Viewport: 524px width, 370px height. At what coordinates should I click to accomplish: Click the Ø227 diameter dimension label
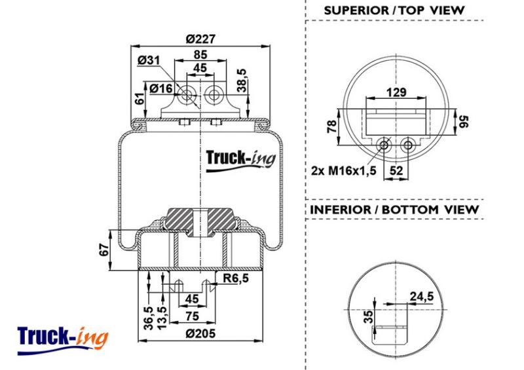pos(200,39)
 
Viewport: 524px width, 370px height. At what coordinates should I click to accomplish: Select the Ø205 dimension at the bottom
pos(200,333)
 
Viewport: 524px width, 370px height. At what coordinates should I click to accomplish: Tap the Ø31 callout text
pos(149,60)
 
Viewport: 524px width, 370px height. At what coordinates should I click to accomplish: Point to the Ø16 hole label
pos(161,88)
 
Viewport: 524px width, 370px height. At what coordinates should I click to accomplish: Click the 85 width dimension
pos(200,54)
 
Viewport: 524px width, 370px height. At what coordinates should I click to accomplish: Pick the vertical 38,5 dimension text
pos(241,80)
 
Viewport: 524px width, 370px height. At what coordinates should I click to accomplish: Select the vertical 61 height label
pos(140,99)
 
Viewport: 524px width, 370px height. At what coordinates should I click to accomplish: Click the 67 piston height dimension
pos(104,250)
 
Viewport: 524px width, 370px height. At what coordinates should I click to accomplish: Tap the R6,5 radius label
pos(236,278)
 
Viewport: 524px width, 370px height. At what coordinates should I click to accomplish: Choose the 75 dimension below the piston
pos(192,316)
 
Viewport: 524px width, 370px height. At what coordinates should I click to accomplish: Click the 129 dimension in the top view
pos(396,92)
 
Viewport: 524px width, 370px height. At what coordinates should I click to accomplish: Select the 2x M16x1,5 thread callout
pos(344,171)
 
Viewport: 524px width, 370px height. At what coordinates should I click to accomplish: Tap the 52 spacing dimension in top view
pos(396,171)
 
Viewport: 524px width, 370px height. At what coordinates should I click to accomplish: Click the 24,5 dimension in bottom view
pos(422,296)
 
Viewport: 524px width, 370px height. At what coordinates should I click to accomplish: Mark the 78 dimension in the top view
pos(332,126)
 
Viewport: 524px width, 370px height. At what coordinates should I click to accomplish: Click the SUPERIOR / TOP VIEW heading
pos(394,10)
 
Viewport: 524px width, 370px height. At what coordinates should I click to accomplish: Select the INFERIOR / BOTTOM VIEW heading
pos(394,210)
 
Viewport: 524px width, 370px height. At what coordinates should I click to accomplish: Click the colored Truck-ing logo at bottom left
pos(62,340)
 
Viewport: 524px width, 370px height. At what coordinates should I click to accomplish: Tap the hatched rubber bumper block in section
pos(200,221)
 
